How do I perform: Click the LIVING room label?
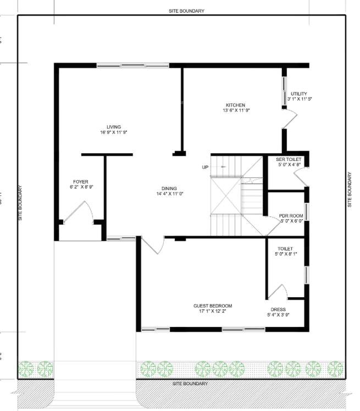(x=114, y=127)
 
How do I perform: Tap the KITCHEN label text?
(x=235, y=105)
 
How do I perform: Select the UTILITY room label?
(x=299, y=94)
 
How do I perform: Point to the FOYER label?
(x=81, y=181)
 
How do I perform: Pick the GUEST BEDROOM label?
(x=213, y=306)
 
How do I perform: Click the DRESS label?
(x=278, y=309)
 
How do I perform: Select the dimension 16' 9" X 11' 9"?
(x=114, y=132)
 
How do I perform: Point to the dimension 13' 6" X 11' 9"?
(x=236, y=110)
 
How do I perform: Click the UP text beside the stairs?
(x=205, y=167)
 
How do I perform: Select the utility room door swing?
(x=290, y=116)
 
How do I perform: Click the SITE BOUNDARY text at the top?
(x=187, y=11)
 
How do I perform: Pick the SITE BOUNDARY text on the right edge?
(x=350, y=190)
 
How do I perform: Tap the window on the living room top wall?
(x=132, y=65)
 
